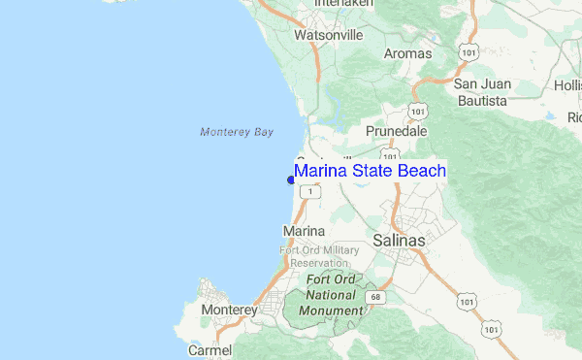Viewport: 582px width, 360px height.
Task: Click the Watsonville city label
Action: [x=328, y=35]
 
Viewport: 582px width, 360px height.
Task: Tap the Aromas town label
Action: [x=408, y=53]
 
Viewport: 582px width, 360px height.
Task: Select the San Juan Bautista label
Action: [x=481, y=92]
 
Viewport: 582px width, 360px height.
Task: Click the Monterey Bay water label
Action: [x=237, y=132]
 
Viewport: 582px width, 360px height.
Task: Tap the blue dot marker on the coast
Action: [x=291, y=180]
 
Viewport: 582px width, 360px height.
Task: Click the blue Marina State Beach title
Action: [x=370, y=172]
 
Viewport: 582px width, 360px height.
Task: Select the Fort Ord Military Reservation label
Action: [x=313, y=256]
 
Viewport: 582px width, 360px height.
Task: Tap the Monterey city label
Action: [x=229, y=311]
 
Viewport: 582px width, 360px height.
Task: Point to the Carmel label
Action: [x=210, y=350]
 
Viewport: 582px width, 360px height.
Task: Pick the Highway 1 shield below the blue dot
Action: [x=309, y=192]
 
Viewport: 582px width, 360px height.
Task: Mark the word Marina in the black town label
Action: [x=302, y=231]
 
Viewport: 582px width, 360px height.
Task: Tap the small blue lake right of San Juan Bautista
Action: [x=551, y=116]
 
